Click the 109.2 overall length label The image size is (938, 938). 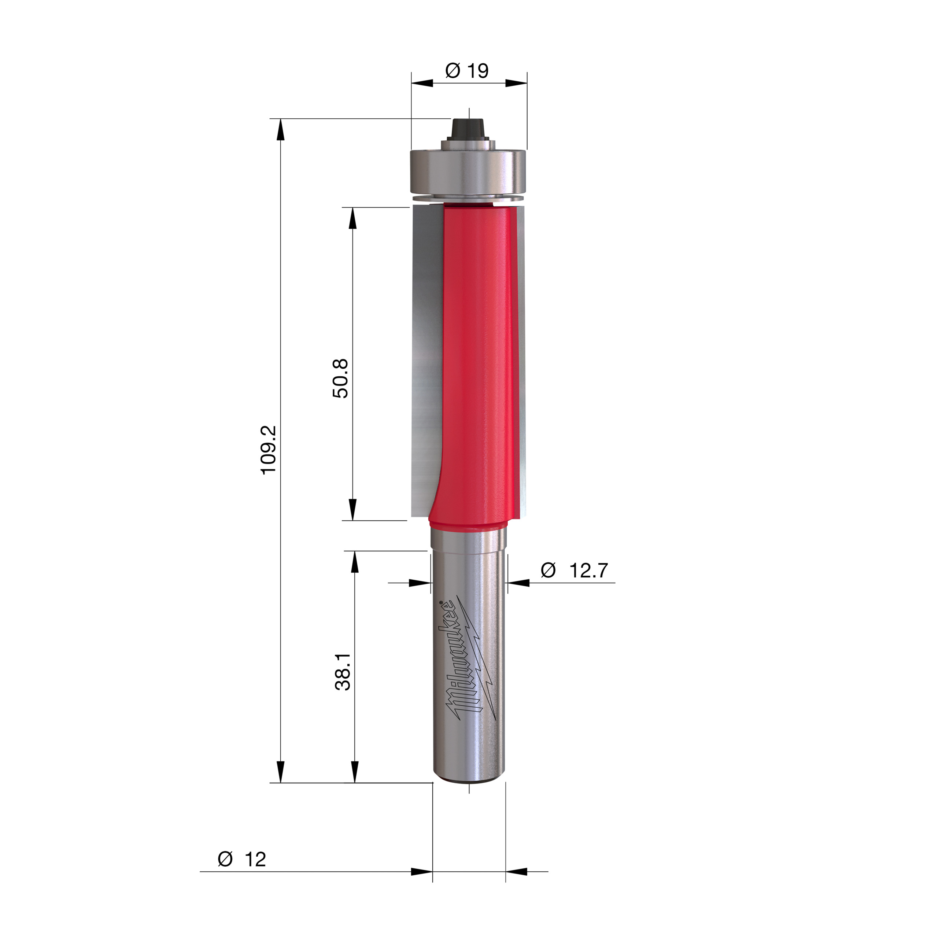click(x=269, y=450)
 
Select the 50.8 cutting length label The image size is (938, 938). click(x=340, y=379)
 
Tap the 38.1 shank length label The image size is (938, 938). click(x=343, y=672)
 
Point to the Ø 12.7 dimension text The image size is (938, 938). click(x=575, y=570)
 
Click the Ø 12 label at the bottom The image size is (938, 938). click(x=242, y=859)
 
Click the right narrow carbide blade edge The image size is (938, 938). click(x=522, y=359)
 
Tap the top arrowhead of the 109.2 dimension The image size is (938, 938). click(x=280, y=130)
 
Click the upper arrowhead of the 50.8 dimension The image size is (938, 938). click(x=353, y=218)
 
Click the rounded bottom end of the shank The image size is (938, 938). click(x=469, y=779)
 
